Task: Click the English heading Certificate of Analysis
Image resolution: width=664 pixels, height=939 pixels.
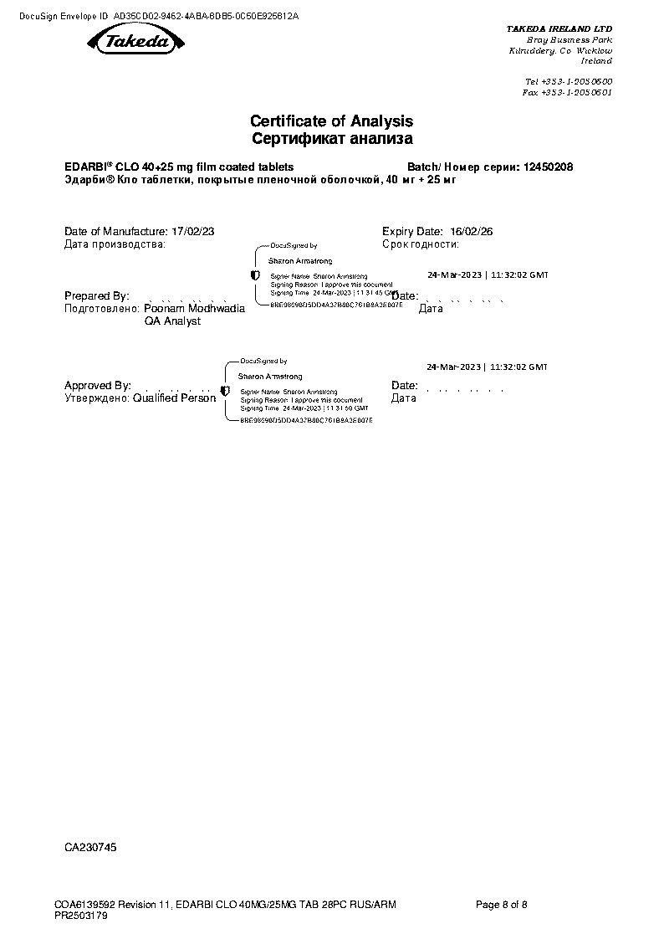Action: click(x=331, y=122)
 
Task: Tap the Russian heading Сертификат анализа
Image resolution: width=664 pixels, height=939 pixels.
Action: click(x=331, y=139)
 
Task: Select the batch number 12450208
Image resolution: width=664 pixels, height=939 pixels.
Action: click(x=548, y=167)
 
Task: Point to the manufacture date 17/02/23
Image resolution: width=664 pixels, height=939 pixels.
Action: click(x=192, y=231)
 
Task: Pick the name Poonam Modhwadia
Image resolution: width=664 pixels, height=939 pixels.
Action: click(x=195, y=309)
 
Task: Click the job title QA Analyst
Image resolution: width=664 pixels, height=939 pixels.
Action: click(x=173, y=321)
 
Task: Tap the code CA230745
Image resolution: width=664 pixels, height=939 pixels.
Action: click(x=90, y=848)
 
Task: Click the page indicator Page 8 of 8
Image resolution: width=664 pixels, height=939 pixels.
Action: click(x=502, y=905)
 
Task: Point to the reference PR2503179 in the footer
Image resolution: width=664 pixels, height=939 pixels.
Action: click(x=81, y=916)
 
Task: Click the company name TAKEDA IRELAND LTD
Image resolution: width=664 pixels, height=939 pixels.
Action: click(x=559, y=28)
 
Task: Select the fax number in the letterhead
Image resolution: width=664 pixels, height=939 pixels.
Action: click(x=567, y=93)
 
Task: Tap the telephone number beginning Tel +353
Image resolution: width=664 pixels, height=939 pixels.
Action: click(x=568, y=81)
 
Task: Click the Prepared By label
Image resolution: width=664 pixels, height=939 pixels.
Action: click(x=96, y=296)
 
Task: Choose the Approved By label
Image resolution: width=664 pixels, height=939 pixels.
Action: click(x=98, y=386)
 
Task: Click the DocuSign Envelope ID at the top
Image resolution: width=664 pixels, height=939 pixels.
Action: click(x=159, y=16)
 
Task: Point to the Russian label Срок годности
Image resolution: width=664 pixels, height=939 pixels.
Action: click(x=421, y=244)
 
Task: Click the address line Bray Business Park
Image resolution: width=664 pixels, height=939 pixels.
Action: click(x=569, y=40)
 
